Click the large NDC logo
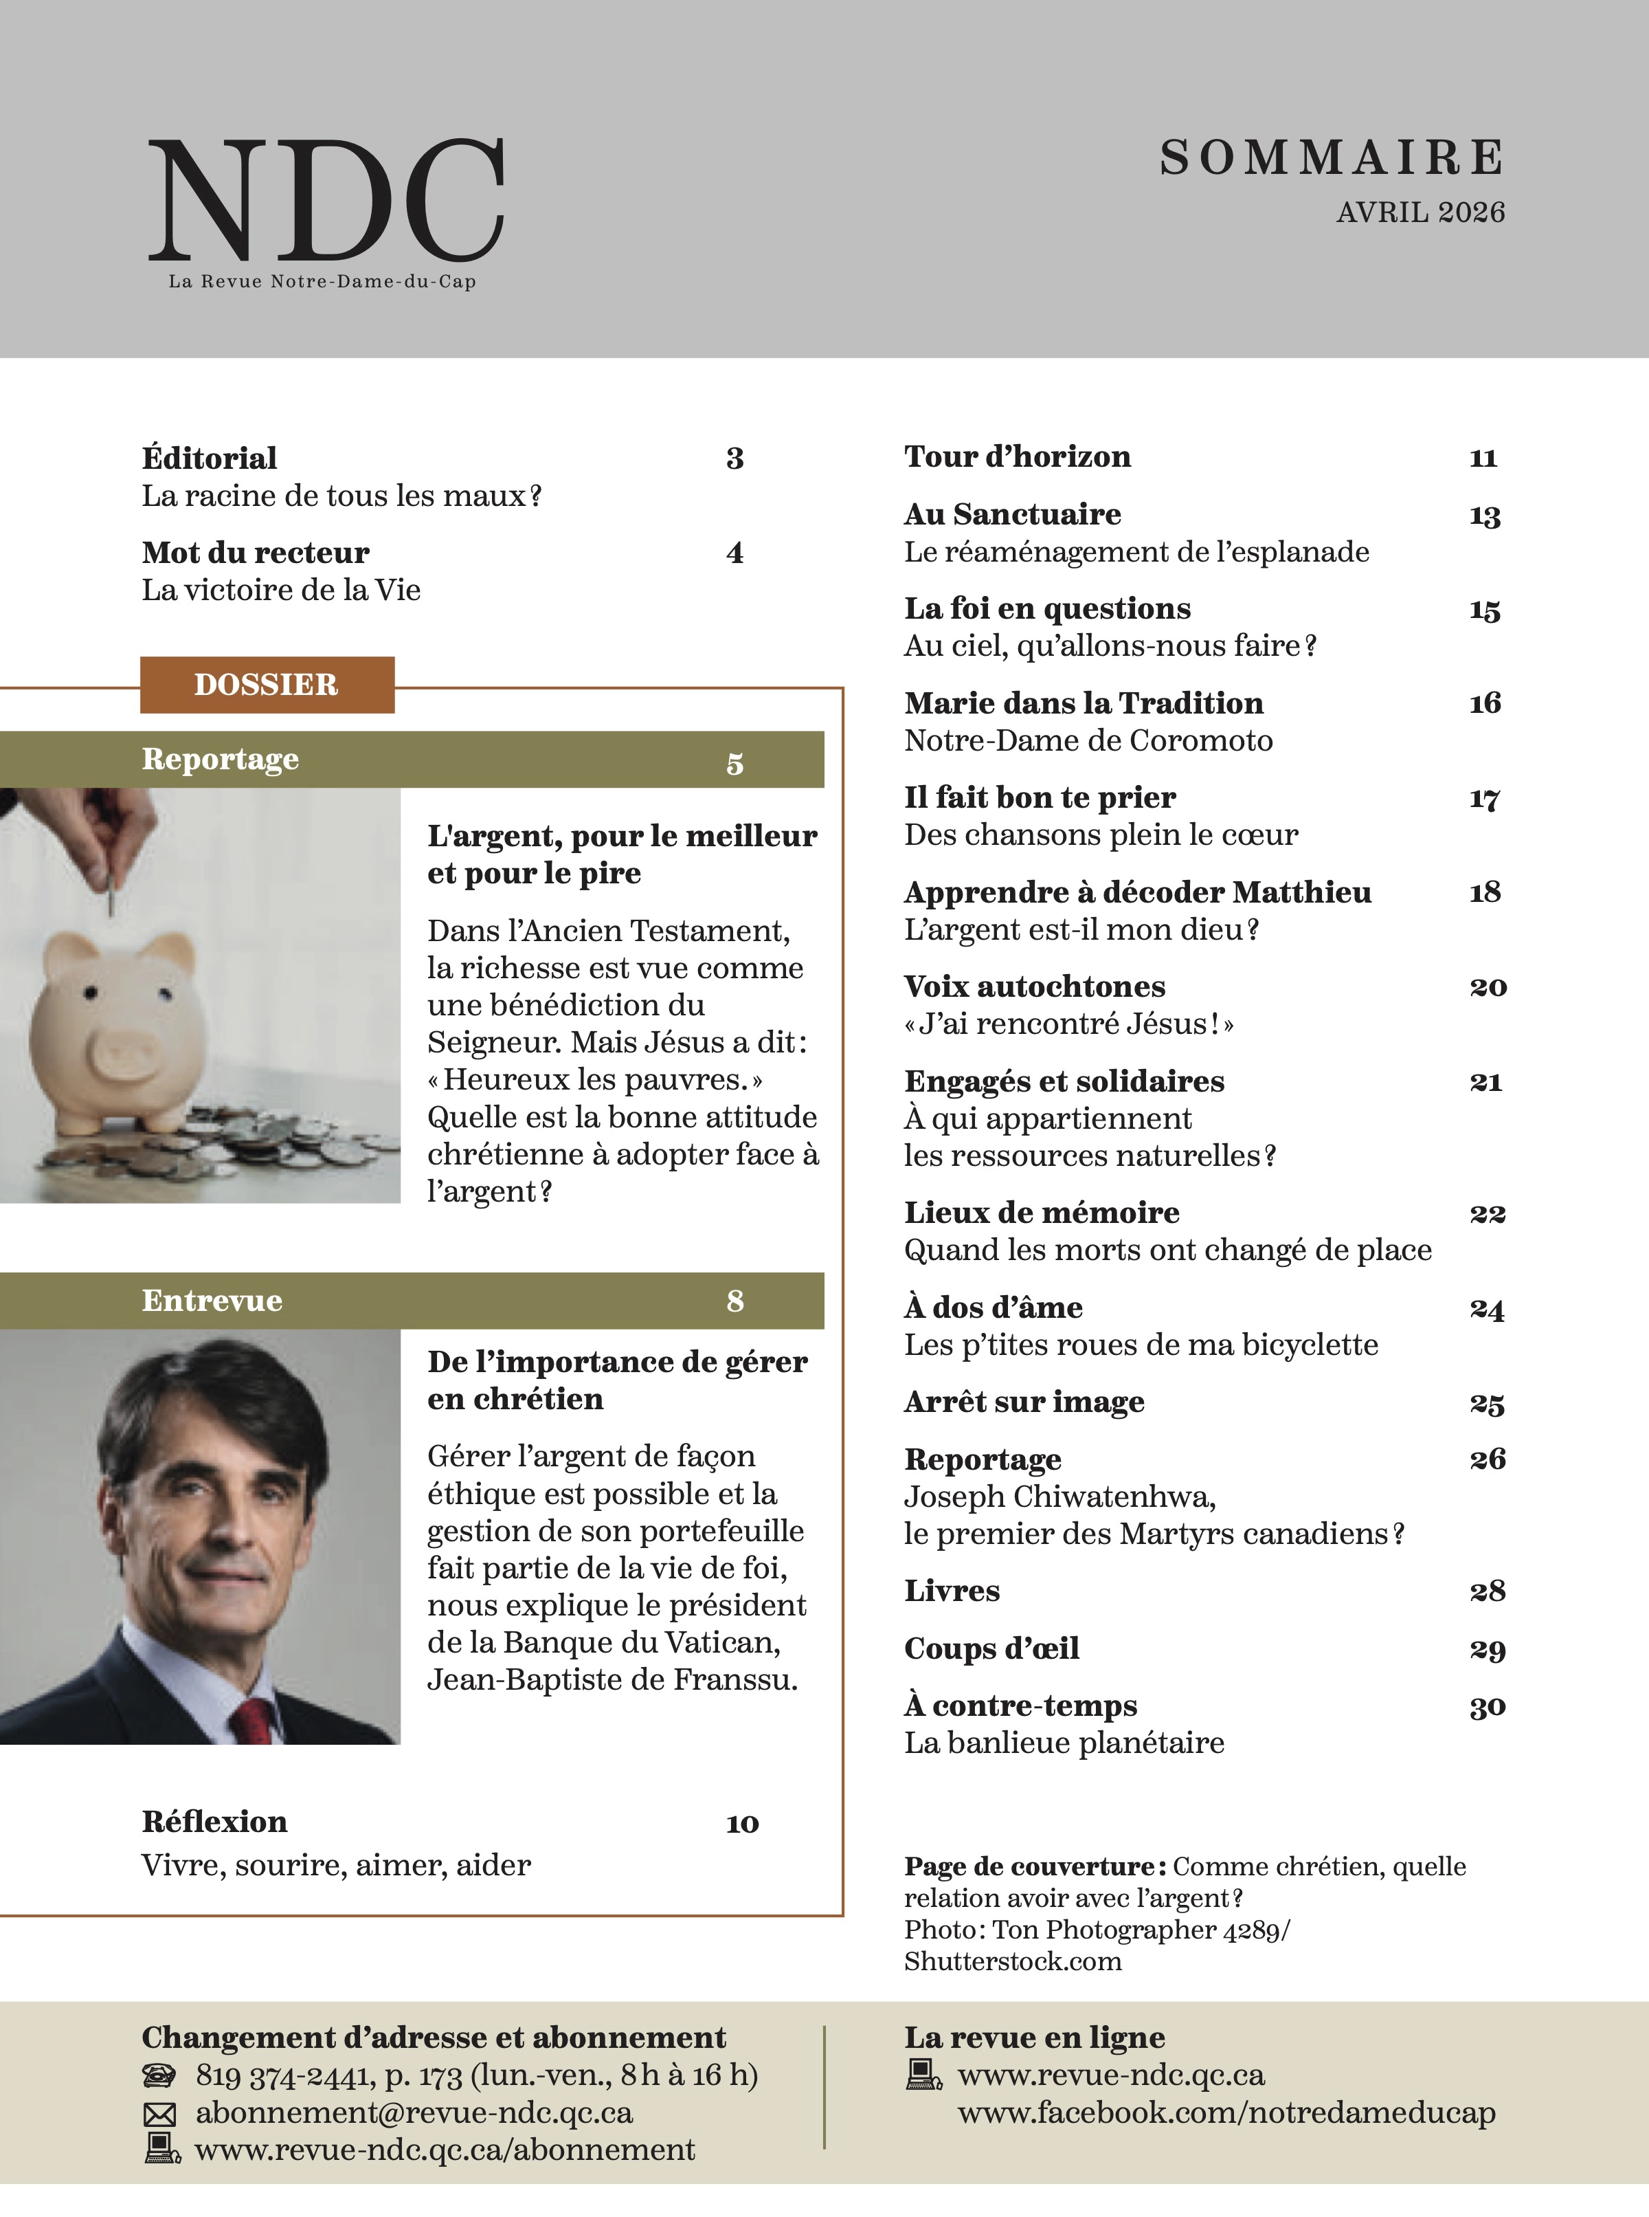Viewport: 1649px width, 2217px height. coord(326,200)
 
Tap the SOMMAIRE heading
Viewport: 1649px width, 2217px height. coord(1332,158)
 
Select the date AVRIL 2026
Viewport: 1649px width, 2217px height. coord(1420,212)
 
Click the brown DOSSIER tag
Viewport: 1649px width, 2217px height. coord(267,685)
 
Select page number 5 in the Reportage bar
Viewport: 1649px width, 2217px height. coord(734,763)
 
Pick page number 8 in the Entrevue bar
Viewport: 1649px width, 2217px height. coord(734,1300)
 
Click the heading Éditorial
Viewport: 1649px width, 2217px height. coord(210,459)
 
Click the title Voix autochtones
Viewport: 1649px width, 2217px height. coord(1034,986)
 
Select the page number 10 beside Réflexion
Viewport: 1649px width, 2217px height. coord(741,1824)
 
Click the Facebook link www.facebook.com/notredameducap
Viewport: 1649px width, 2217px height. coord(1226,2112)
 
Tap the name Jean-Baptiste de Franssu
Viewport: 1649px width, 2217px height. coord(612,1679)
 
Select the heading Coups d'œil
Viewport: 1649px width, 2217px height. coord(991,1648)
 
